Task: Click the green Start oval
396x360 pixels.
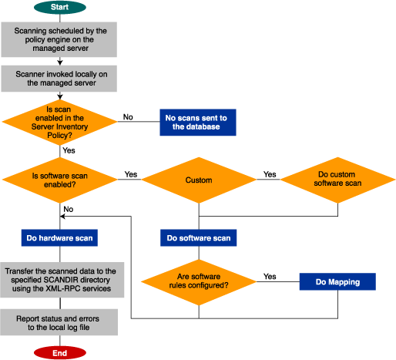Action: pyautogui.click(x=59, y=8)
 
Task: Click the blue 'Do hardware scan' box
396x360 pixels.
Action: pyautogui.click(x=60, y=238)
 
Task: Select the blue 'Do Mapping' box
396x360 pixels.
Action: pyautogui.click(x=337, y=282)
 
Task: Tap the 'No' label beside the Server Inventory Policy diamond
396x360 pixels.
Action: pyautogui.click(x=128, y=117)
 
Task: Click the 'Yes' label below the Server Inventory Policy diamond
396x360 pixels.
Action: pyautogui.click(x=68, y=150)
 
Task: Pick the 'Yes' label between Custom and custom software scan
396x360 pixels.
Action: pyautogui.click(x=270, y=175)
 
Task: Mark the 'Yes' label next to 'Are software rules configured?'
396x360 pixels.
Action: pyautogui.click(x=270, y=276)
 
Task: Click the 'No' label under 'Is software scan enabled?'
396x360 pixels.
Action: pyautogui.click(x=69, y=209)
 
